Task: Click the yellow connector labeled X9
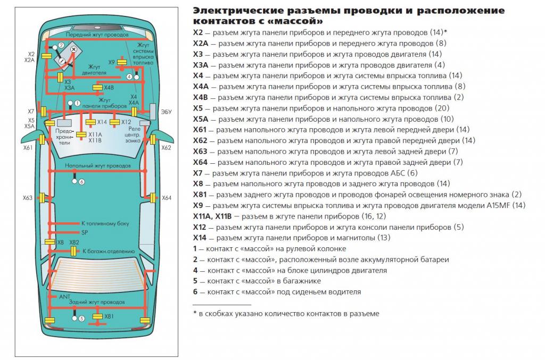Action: coord(122,63)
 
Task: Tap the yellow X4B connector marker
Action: coord(98,87)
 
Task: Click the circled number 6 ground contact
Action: coord(81,181)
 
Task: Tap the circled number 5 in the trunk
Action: coord(81,319)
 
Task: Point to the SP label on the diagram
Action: coord(84,233)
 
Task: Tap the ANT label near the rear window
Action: coord(64,296)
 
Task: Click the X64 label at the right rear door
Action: coord(167,198)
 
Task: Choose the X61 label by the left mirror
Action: coord(28,148)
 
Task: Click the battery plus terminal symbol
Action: coord(73,49)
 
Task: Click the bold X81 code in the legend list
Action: coord(201,195)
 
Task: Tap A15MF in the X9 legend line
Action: coord(498,205)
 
